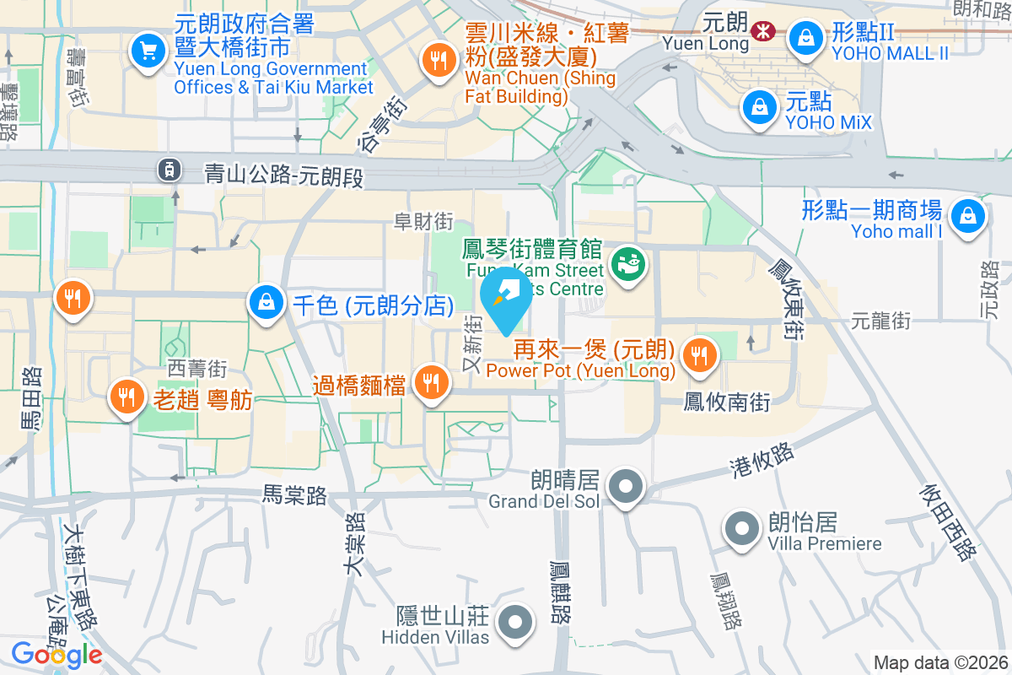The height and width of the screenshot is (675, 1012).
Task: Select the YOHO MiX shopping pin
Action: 760,106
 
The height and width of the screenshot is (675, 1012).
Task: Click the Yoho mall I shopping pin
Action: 967,217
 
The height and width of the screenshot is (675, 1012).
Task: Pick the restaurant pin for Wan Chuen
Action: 438,60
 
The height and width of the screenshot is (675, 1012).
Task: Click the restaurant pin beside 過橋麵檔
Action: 432,384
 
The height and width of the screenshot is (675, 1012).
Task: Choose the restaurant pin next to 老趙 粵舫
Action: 127,396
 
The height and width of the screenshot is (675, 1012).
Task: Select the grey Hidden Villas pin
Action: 515,624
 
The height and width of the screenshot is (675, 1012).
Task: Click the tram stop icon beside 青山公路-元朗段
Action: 170,170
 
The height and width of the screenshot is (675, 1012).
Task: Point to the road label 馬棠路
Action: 294,496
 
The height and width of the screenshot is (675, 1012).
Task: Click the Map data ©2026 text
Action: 940,662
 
